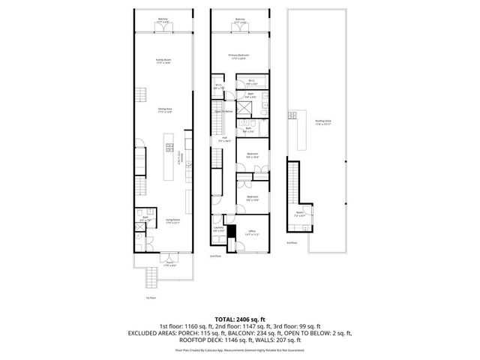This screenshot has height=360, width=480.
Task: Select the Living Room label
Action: tap(173, 221)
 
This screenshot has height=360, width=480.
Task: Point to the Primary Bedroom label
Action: tap(239, 56)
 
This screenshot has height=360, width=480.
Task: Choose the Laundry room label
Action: tap(218, 229)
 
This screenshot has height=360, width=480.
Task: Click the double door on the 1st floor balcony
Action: tap(163, 32)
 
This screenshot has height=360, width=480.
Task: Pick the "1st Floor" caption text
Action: tap(151, 296)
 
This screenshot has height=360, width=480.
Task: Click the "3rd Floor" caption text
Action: tap(292, 243)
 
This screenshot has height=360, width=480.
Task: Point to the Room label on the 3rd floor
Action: tap(299, 214)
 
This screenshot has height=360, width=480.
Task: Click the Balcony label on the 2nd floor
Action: tap(240, 21)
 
